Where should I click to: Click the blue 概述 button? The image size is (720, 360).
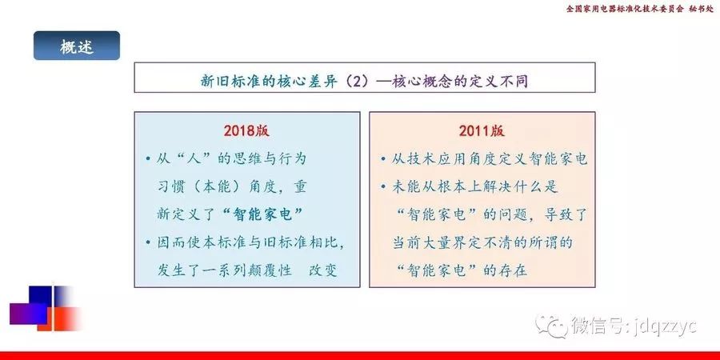click(x=77, y=46)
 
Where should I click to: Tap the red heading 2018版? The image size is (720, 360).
click(x=246, y=131)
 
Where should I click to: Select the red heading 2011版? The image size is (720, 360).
click(x=482, y=131)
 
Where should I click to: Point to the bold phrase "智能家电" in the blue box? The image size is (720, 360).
click(x=262, y=214)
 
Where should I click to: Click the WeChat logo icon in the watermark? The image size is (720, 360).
click(x=551, y=326)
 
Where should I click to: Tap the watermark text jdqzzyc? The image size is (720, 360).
click(x=666, y=326)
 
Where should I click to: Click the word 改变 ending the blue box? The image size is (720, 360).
click(x=323, y=270)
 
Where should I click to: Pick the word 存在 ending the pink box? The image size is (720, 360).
click(x=513, y=270)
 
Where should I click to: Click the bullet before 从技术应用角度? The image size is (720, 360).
click(x=383, y=159)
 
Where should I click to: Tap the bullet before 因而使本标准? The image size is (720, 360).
click(x=148, y=242)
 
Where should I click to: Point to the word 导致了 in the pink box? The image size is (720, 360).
click(x=566, y=214)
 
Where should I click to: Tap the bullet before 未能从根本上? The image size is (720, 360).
click(x=383, y=187)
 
